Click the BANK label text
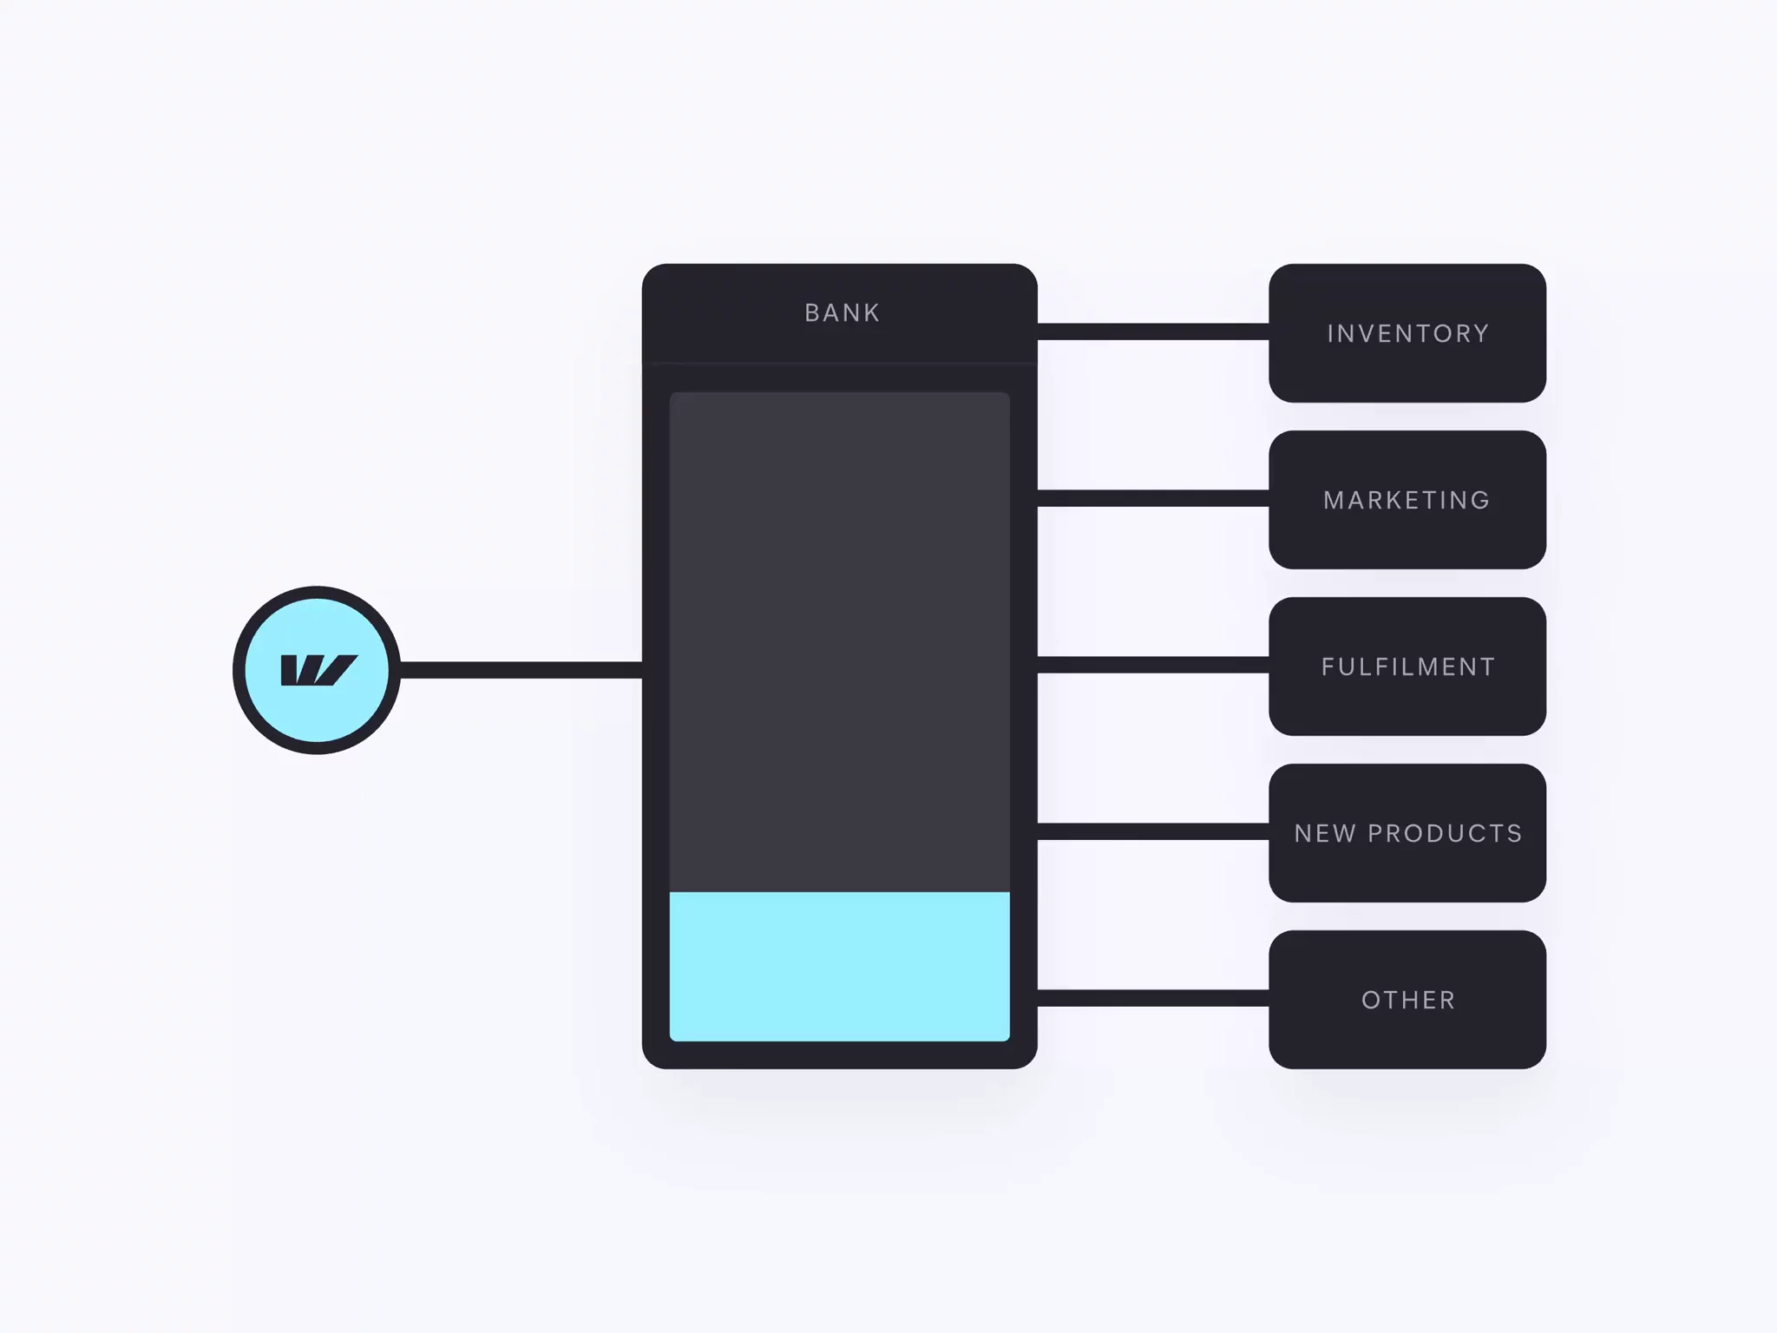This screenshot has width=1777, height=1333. click(842, 312)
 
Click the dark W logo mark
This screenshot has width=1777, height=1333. click(318, 670)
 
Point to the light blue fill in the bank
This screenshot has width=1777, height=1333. click(839, 965)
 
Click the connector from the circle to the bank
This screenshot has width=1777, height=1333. click(521, 670)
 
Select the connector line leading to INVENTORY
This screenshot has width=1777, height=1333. click(1152, 332)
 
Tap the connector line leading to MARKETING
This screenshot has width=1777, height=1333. click(1152, 498)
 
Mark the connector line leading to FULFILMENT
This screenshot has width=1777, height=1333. click(1152, 665)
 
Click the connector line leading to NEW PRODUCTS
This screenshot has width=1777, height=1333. click(1152, 831)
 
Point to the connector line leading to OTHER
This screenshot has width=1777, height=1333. click(1152, 998)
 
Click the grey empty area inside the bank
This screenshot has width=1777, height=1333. click(839, 642)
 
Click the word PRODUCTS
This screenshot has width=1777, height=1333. click(1445, 833)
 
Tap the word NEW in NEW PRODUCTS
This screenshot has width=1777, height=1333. click(1324, 833)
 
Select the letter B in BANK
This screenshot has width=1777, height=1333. click(812, 312)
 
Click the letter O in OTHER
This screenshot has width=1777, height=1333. click(1371, 1000)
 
